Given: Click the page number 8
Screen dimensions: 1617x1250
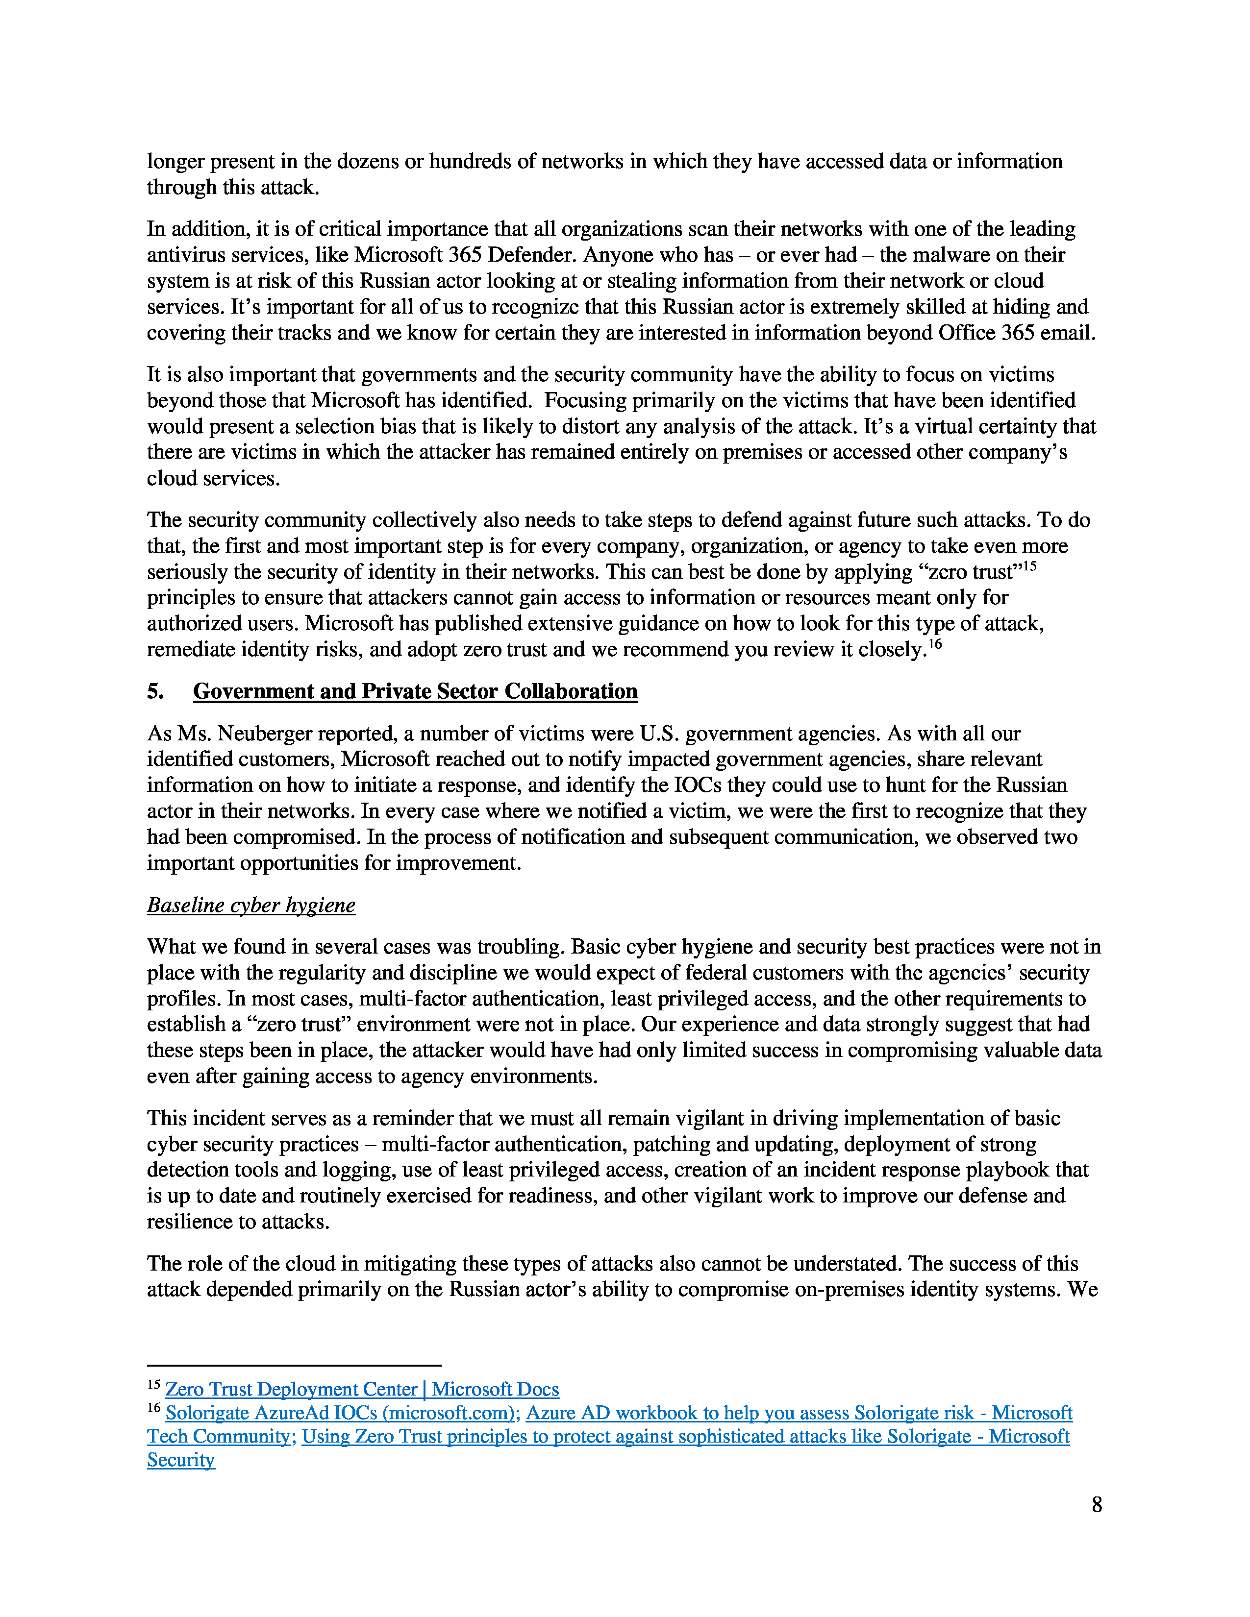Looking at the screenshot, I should tap(1096, 1504).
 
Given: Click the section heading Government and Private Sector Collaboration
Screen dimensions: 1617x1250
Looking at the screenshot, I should tap(415, 691).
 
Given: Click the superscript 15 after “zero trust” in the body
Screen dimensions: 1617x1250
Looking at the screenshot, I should tap(1028, 566).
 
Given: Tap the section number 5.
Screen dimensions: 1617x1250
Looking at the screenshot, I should tap(155, 691).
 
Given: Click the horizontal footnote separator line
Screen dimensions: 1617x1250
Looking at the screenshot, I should tap(294, 1365).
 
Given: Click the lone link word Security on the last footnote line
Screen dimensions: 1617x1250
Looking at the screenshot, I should tap(181, 1460).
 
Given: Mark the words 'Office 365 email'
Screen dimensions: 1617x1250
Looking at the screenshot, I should tap(1016, 333).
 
